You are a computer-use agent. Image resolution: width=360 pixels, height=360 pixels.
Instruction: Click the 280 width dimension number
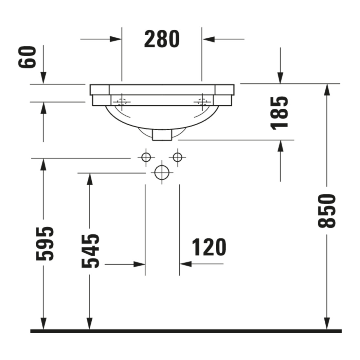[162, 39]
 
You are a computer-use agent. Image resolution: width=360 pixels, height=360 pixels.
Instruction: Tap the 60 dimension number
[27, 57]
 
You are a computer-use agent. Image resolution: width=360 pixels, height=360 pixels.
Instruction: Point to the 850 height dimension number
[327, 211]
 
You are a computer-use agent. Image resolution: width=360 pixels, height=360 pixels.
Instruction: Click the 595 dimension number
[45, 243]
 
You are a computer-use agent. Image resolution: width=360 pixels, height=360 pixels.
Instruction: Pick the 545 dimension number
[90, 251]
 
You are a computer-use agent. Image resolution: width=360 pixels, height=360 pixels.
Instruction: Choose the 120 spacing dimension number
[209, 247]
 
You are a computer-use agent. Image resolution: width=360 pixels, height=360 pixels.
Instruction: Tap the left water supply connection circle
[146, 157]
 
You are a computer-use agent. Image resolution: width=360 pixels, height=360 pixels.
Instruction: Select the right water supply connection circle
[177, 157]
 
